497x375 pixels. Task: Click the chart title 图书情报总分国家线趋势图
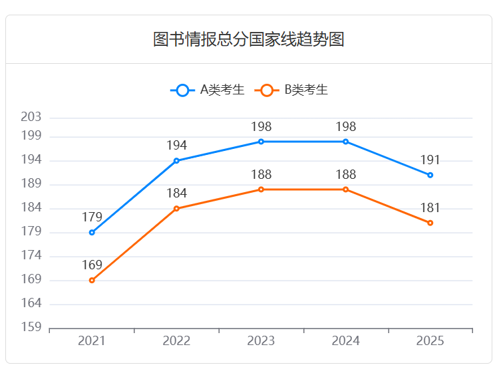(248, 39)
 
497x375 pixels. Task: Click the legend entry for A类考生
(208, 90)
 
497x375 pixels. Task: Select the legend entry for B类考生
(293, 90)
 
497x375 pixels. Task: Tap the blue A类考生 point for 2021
(92, 233)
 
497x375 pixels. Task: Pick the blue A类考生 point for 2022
(176, 161)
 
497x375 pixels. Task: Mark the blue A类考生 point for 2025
(430, 175)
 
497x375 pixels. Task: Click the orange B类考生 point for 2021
(92, 281)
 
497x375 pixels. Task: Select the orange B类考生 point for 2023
(261, 189)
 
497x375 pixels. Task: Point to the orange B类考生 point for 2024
(346, 189)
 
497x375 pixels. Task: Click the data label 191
(430, 160)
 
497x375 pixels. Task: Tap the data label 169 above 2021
(92, 265)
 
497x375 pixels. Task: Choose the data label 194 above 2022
(176, 146)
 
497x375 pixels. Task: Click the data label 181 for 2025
(430, 208)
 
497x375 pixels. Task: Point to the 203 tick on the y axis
(31, 117)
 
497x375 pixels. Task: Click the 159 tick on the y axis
(31, 328)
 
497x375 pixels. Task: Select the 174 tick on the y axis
(31, 256)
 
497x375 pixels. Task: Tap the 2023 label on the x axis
(261, 341)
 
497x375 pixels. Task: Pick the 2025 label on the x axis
(430, 341)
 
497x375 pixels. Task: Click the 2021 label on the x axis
(92, 341)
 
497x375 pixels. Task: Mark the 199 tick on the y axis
(31, 136)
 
